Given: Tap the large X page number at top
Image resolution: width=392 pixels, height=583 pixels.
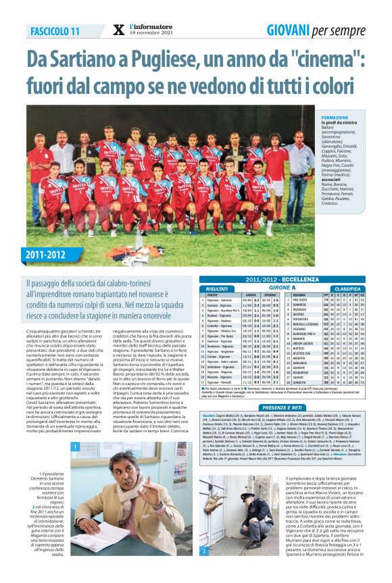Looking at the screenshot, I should pos(119,30).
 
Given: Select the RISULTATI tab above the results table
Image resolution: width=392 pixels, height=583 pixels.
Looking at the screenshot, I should pos(217,288).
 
